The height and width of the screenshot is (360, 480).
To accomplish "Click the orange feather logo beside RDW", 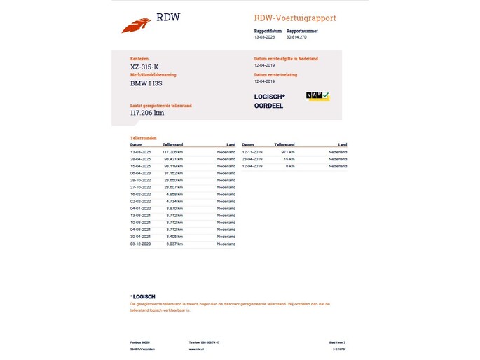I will click(136, 25).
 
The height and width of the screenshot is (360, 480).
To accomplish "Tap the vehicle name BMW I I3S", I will click(146, 83).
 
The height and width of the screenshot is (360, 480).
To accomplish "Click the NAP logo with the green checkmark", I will click(317, 96).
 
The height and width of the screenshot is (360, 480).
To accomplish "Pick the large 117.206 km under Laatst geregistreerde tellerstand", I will click(147, 112).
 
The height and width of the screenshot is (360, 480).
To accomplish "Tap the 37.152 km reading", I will click(173, 172).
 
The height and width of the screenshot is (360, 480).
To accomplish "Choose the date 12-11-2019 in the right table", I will click(252, 152).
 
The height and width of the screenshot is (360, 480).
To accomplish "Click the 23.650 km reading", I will click(173, 180).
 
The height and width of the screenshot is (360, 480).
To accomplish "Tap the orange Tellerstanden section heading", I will click(144, 138).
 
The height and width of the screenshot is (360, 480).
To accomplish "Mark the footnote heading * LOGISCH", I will click(143, 296).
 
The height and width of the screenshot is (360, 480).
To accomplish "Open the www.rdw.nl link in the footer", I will click(196, 349).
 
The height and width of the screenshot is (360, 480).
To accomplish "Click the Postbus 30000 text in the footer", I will click(140, 342).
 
